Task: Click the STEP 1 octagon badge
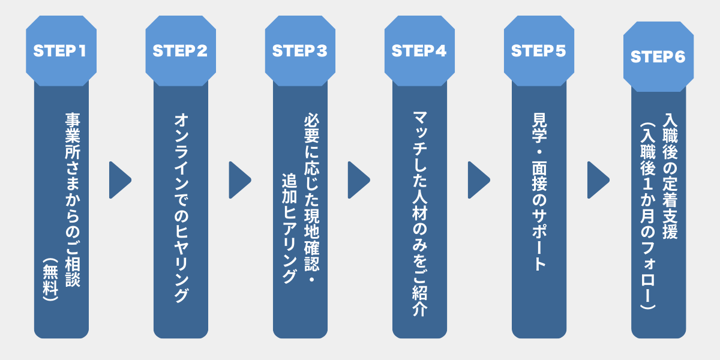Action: pyautogui.click(x=61, y=51)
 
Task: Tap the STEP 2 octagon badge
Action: pyautogui.click(x=180, y=51)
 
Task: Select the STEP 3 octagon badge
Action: pyautogui.click(x=300, y=51)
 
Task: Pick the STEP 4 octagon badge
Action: pyautogui.click(x=419, y=51)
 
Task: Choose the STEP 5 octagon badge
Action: pyautogui.click(x=539, y=51)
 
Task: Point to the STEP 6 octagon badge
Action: pyautogui.click(x=658, y=57)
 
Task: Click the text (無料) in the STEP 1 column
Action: pyautogui.click(x=50, y=279)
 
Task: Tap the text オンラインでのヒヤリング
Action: pyautogui.click(x=181, y=207)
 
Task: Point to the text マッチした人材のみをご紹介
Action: pyautogui.click(x=419, y=213)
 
